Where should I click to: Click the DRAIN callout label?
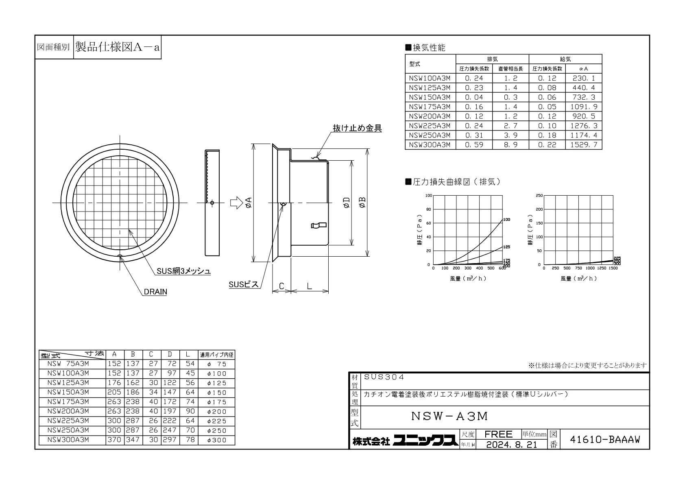tap(155, 292)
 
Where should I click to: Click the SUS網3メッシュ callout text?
tap(183, 271)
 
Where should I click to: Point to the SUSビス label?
tap(243, 284)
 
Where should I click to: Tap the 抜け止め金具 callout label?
tap(357, 128)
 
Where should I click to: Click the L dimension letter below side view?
tap(309, 286)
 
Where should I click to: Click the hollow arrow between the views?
tap(236, 203)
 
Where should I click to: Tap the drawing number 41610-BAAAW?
tap(605, 440)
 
